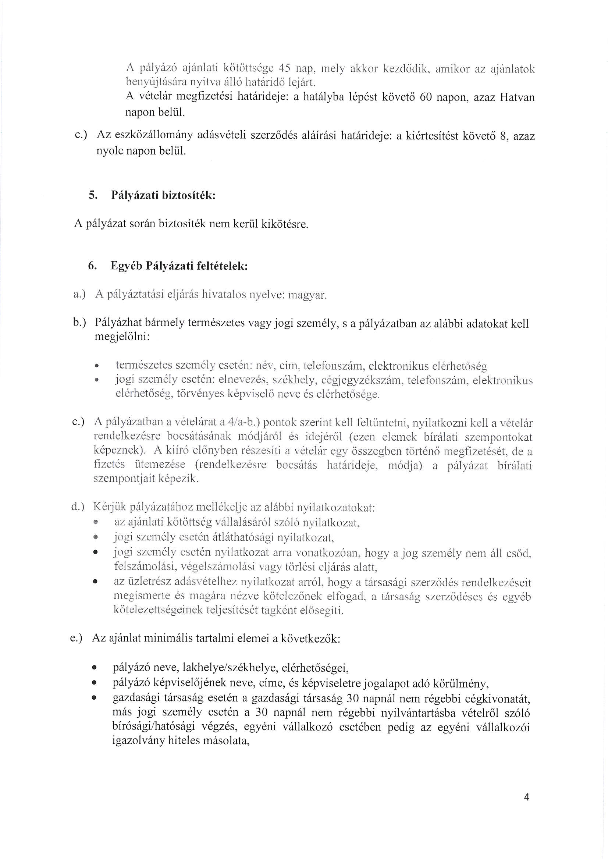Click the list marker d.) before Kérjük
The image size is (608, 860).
[79, 508]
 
